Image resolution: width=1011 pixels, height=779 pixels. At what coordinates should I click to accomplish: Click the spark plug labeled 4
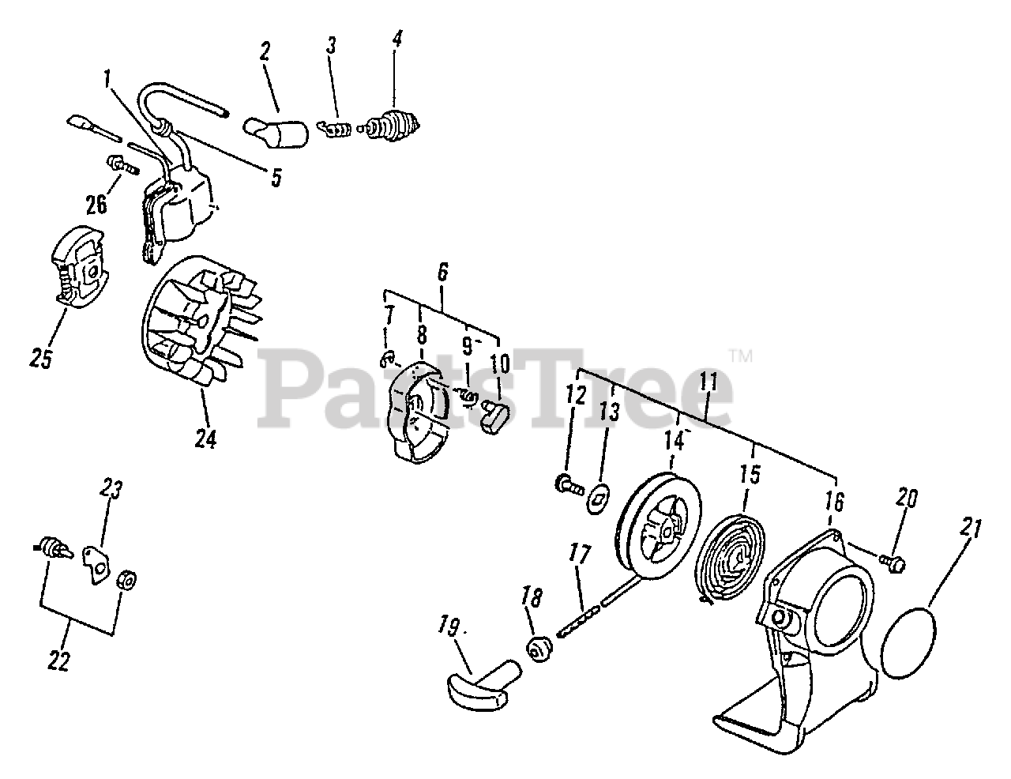[x=391, y=125]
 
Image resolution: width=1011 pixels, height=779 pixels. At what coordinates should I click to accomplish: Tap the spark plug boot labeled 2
[x=276, y=133]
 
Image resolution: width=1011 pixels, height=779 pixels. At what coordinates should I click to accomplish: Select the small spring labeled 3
[x=335, y=129]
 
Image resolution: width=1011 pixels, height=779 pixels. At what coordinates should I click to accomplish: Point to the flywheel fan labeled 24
[x=201, y=321]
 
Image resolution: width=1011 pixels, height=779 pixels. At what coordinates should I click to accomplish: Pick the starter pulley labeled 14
[x=658, y=526]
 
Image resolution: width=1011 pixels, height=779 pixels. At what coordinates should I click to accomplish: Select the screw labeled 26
[x=123, y=165]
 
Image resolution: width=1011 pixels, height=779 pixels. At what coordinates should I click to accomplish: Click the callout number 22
[x=59, y=660]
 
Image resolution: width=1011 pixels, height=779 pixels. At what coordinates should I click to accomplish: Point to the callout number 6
[x=442, y=273]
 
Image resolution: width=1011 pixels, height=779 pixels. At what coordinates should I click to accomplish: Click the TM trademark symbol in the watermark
[x=740, y=356]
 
